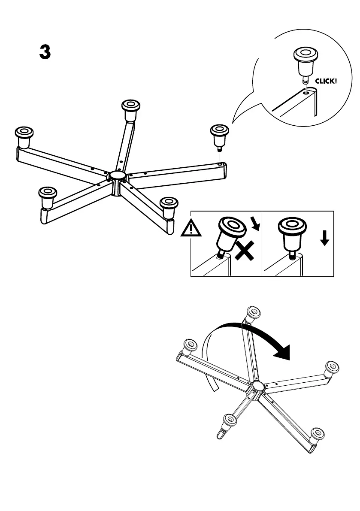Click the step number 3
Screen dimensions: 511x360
click(45, 52)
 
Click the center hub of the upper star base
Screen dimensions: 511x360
click(116, 176)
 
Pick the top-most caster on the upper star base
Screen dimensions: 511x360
click(130, 110)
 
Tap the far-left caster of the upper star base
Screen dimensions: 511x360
click(24, 136)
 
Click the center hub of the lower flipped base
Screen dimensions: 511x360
click(258, 386)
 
